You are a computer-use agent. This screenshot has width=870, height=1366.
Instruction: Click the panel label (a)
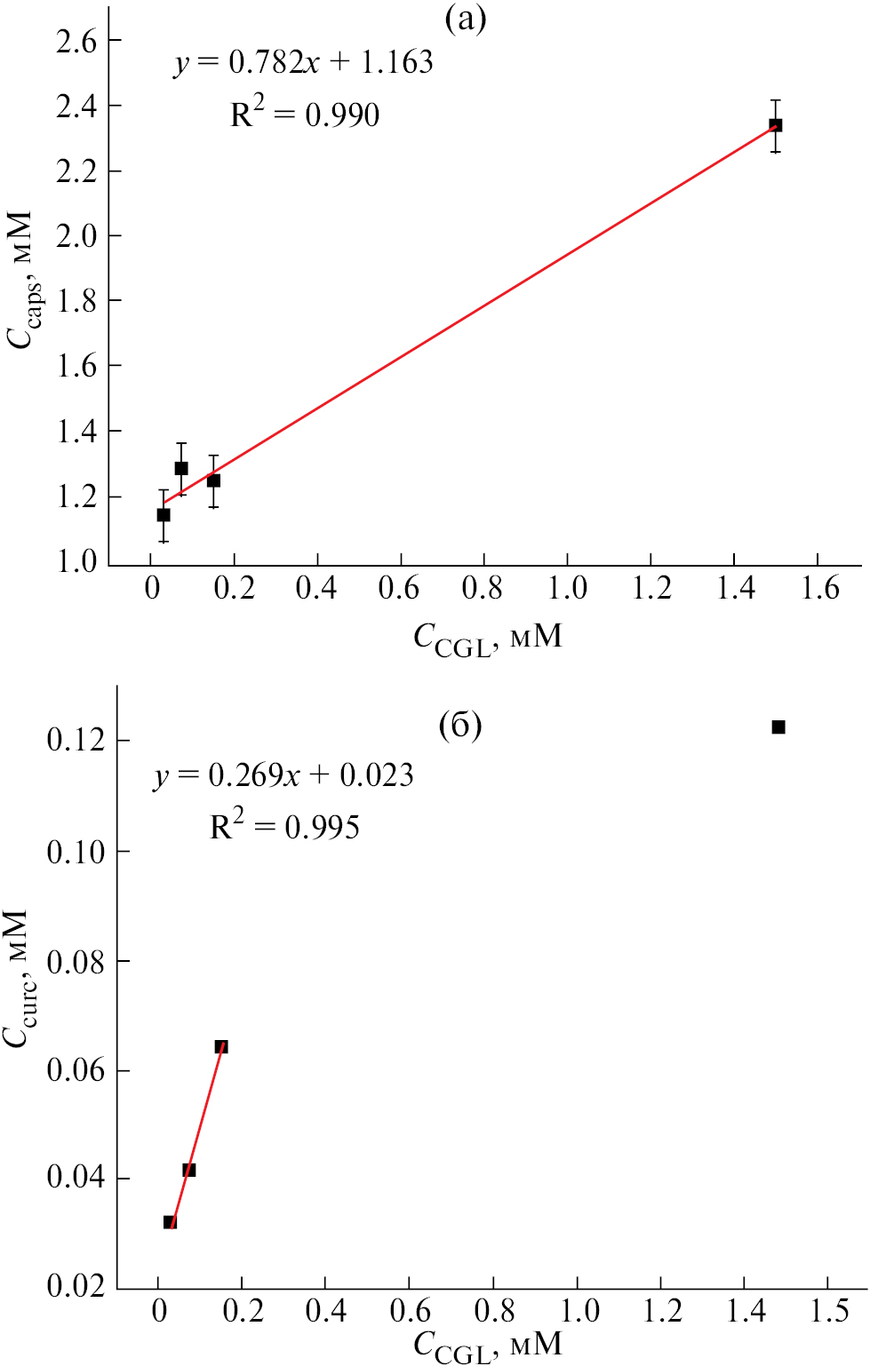466,19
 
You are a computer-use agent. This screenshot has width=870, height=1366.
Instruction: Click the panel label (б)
460,726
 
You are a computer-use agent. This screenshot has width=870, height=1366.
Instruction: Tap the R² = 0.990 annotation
305,115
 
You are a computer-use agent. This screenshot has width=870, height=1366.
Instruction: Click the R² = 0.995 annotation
284,827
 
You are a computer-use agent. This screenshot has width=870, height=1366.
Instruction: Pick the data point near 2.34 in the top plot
776,125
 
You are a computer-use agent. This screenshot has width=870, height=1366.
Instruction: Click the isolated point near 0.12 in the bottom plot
778,727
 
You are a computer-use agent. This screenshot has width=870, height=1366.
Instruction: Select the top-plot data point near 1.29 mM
181,468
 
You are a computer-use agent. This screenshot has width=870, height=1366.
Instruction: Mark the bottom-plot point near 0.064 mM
221,1046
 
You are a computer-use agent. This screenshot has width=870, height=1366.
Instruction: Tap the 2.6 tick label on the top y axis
77,41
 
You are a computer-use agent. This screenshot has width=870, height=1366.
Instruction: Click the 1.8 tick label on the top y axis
77,301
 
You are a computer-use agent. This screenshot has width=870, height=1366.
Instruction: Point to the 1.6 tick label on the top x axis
819,587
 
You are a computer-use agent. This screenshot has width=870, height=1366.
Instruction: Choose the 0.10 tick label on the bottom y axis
76,852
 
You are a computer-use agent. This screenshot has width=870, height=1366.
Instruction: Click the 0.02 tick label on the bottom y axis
76,1285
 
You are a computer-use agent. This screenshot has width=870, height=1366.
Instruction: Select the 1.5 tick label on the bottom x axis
829,1311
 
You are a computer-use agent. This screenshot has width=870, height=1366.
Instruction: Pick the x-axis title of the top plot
488,638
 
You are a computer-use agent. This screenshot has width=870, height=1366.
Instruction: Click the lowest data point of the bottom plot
170,1222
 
